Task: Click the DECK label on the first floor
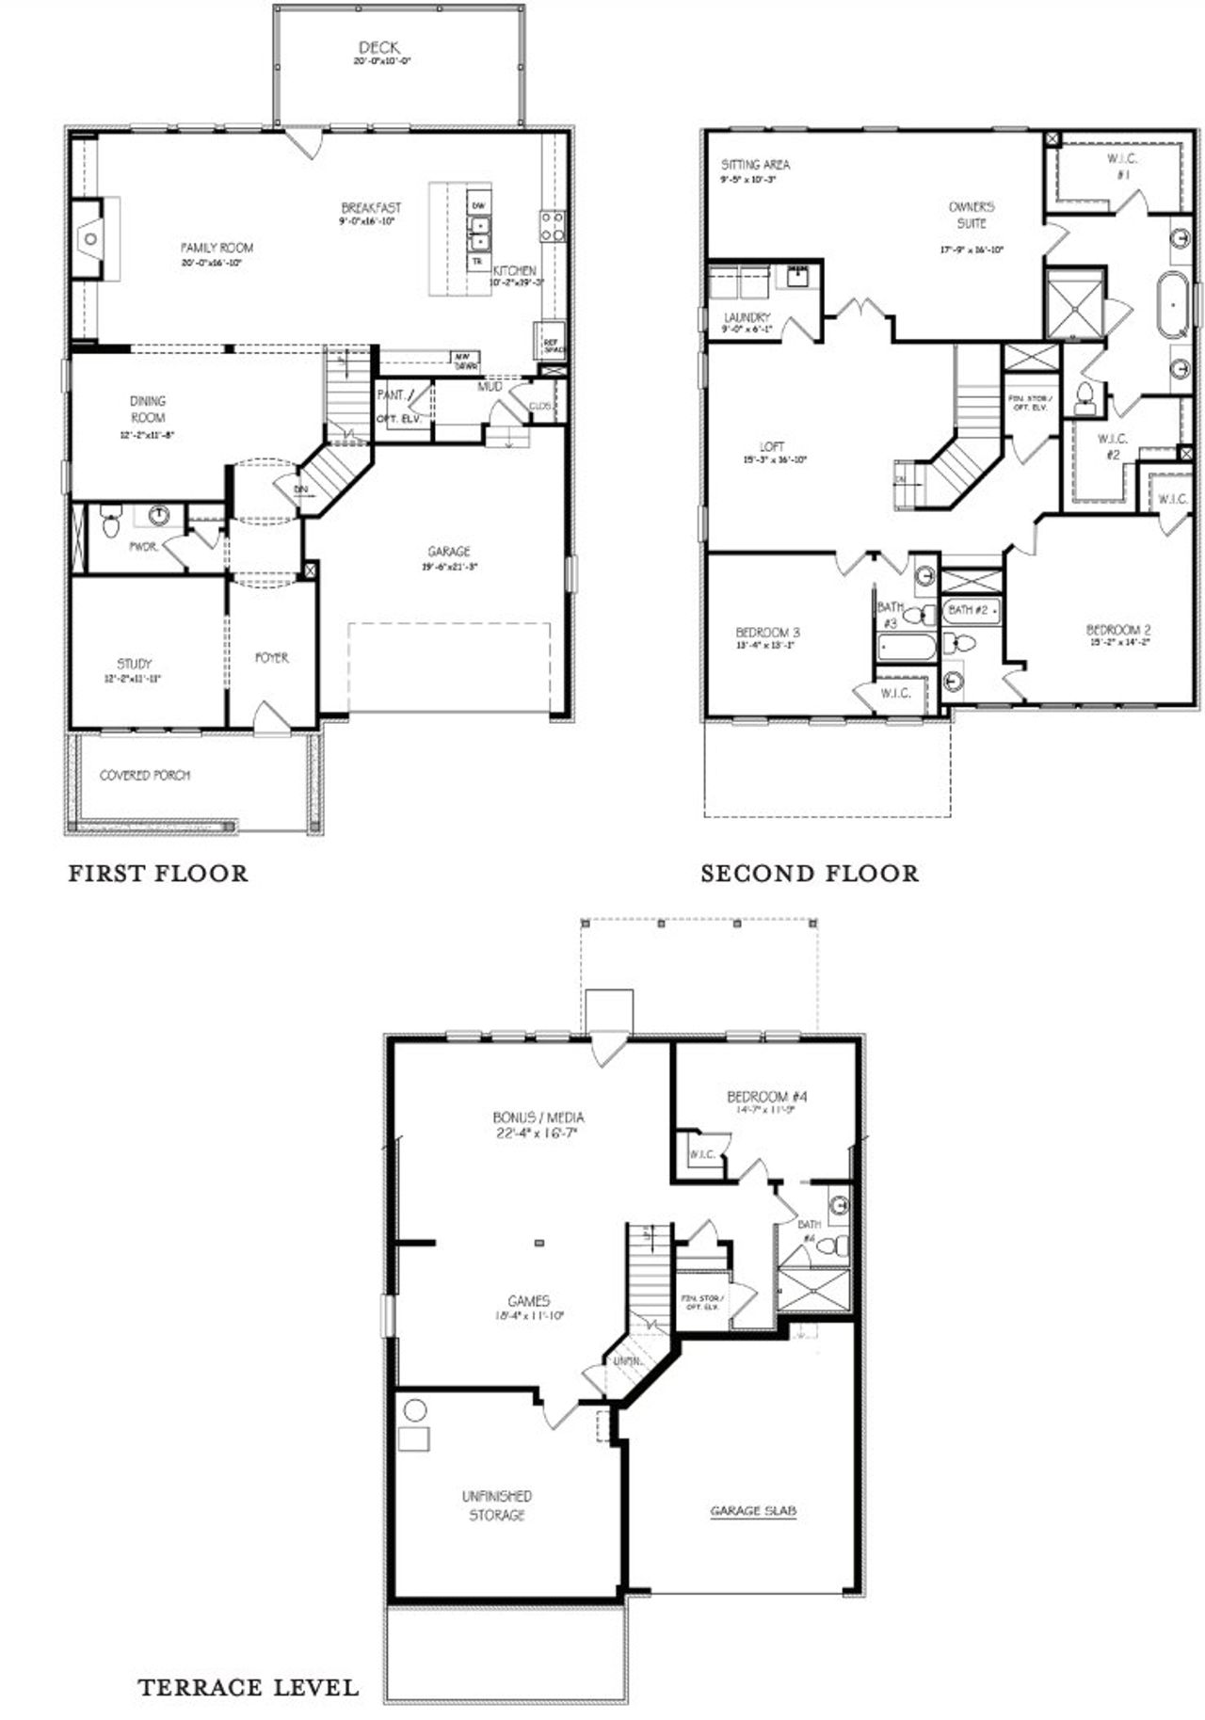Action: (x=378, y=47)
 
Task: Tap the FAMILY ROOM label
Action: (x=217, y=248)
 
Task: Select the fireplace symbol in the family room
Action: (x=89, y=239)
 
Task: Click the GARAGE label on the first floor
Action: (x=448, y=552)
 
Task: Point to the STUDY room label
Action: (x=134, y=664)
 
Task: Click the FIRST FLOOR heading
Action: (x=158, y=874)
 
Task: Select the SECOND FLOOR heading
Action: (x=809, y=874)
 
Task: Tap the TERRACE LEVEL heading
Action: (x=248, y=1687)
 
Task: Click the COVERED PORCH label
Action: (x=145, y=775)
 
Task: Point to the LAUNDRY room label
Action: (x=747, y=317)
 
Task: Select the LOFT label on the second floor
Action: (x=772, y=446)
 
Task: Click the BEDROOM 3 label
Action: (x=767, y=633)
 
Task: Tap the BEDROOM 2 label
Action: (x=1118, y=630)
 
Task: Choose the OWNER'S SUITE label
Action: (x=972, y=215)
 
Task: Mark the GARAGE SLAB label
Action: (x=753, y=1511)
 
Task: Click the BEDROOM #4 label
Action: (x=767, y=1097)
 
